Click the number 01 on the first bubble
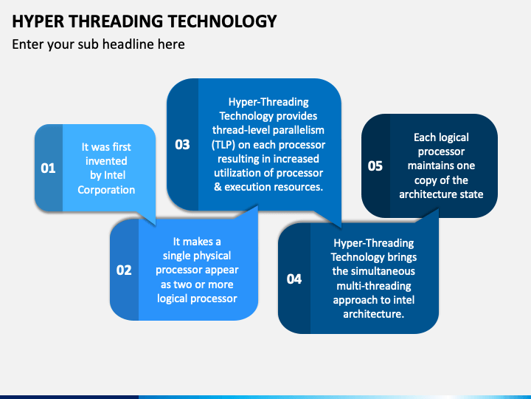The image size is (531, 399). [48, 168]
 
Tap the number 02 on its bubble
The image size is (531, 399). [124, 270]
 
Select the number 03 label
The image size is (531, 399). [182, 145]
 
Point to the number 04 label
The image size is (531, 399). [294, 279]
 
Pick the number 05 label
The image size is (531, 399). [375, 166]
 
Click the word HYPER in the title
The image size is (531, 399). [38, 21]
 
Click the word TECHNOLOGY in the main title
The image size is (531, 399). [223, 21]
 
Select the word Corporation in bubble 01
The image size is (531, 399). [106, 190]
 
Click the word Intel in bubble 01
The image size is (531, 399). [115, 175]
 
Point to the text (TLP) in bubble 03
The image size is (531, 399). [223, 145]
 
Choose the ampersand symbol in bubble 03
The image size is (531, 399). [218, 187]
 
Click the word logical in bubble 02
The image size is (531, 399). [171, 299]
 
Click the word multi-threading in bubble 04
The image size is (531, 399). [374, 286]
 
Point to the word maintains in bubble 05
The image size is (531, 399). [424, 166]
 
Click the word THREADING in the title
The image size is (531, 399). [117, 21]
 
